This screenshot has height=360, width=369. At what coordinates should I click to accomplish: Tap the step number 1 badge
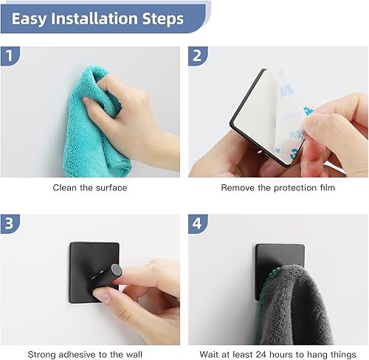tap(10, 56)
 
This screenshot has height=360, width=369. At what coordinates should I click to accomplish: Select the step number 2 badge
tap(198, 56)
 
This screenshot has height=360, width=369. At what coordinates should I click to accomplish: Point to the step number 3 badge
tap(10, 224)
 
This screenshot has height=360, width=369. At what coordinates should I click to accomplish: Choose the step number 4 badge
tap(198, 224)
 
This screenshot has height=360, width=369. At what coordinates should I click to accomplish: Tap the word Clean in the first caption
tap(64, 188)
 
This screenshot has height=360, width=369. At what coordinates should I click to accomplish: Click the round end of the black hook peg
tap(116, 271)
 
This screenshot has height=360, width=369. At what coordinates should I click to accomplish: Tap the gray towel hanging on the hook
tap(295, 305)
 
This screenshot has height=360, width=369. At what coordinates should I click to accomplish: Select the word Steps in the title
tap(163, 19)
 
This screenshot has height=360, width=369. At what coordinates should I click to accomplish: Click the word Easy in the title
tap(29, 19)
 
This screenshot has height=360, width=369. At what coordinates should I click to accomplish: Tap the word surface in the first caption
tap(111, 188)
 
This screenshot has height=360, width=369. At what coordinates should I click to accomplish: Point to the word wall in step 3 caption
tap(134, 355)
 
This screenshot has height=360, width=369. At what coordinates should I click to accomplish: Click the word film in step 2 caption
tap(328, 188)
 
